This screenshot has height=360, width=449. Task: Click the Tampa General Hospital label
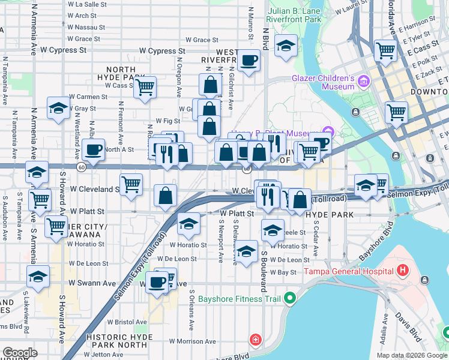[x=347, y=271]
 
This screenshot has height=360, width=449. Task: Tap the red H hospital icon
[x=400, y=271]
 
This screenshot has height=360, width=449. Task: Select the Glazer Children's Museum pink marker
[x=363, y=81]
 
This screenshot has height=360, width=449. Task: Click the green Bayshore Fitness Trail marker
[x=290, y=298]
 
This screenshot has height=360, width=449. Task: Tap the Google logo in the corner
[x=20, y=352]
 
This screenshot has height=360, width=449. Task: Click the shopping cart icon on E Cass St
[x=385, y=50]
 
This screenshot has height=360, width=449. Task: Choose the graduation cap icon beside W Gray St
[x=58, y=108]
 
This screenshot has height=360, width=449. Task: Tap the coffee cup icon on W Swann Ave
[x=157, y=281]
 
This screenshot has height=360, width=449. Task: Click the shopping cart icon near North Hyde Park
[x=145, y=87]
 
